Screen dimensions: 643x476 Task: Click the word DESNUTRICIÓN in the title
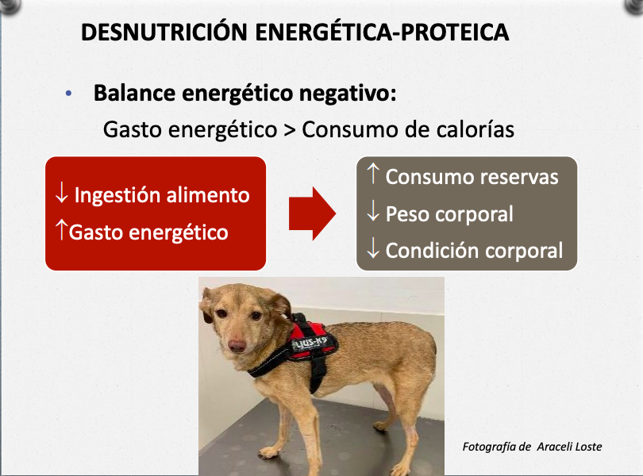164,31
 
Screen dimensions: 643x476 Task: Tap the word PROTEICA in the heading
455,32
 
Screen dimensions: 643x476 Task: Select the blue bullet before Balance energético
68,94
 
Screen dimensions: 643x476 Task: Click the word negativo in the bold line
348,93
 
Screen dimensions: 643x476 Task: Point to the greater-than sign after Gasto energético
290,130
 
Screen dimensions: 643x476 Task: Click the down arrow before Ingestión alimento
61,192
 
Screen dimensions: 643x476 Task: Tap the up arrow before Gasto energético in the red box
61,229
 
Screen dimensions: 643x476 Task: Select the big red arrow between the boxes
313,213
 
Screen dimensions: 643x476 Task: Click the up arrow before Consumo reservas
373,174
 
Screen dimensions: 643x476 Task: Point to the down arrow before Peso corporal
373,211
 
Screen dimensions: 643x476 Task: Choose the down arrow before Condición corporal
373,248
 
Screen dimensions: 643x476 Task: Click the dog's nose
237,346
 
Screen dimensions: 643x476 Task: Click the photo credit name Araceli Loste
569,447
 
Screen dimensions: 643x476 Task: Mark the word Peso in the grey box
409,213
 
